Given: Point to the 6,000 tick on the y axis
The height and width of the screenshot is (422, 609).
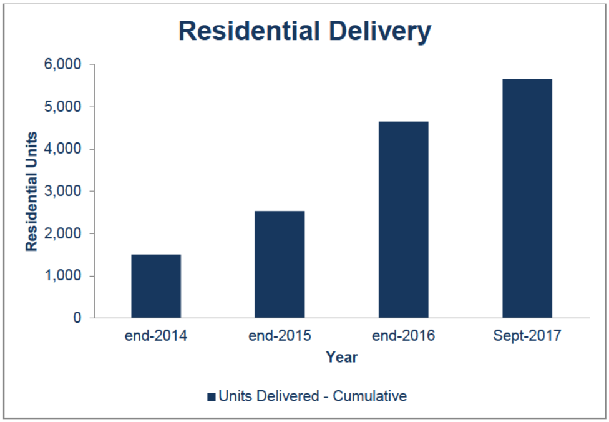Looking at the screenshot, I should [64, 65].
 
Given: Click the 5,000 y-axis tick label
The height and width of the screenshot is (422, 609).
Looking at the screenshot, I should [64, 107].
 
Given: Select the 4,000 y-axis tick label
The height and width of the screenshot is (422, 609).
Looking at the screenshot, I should [64, 149].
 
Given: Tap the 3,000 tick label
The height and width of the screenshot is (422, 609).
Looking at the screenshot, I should [64, 192].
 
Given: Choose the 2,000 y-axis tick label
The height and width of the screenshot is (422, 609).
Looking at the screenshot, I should [64, 233].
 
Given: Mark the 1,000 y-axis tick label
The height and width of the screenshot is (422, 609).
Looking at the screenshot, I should [64, 276].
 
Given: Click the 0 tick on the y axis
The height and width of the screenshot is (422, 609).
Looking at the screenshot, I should [77, 318].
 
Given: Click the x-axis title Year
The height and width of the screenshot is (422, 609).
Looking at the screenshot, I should [341, 358].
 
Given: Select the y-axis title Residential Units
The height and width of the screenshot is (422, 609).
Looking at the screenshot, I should [31, 192].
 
